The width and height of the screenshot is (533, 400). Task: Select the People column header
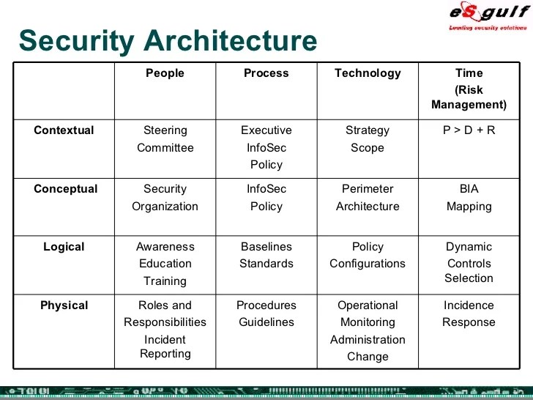165,73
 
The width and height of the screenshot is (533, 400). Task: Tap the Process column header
266,73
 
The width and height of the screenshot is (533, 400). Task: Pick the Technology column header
368,73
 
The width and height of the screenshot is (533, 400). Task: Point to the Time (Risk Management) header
469,89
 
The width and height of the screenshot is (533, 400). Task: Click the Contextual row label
64,130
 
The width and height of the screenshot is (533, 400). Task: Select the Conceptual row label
65,189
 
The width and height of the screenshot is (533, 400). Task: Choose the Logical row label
65,247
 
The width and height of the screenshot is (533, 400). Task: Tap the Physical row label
64,305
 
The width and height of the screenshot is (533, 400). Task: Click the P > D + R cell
469,130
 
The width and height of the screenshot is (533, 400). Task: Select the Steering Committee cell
165,139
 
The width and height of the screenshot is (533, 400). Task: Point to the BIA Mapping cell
469,198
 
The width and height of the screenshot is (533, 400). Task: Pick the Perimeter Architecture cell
368,198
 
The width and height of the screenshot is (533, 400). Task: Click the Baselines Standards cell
266,255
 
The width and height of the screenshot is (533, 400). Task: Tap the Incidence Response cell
469,314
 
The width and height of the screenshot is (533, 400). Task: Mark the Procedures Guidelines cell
266,314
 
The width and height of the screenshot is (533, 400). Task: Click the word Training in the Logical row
165,281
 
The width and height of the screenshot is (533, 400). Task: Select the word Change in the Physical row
368,357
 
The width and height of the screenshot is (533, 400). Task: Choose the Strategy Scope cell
368,139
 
